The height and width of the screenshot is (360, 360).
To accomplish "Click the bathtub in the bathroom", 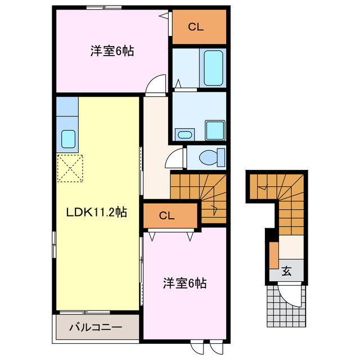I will [x=214, y=68].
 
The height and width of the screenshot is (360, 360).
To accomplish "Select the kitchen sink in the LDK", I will [x=69, y=138].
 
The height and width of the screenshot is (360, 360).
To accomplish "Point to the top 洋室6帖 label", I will [x=112, y=51].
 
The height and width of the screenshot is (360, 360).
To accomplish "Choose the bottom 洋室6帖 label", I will [x=184, y=283].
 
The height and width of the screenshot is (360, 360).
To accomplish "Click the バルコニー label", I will [x=96, y=327].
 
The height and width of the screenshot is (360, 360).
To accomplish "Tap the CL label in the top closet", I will [x=195, y=26].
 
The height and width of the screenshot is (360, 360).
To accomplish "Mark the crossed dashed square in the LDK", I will [x=70, y=168].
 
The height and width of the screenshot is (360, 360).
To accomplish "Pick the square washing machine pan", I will [x=214, y=130].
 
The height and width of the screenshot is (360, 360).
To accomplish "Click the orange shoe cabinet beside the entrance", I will [x=273, y=255].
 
